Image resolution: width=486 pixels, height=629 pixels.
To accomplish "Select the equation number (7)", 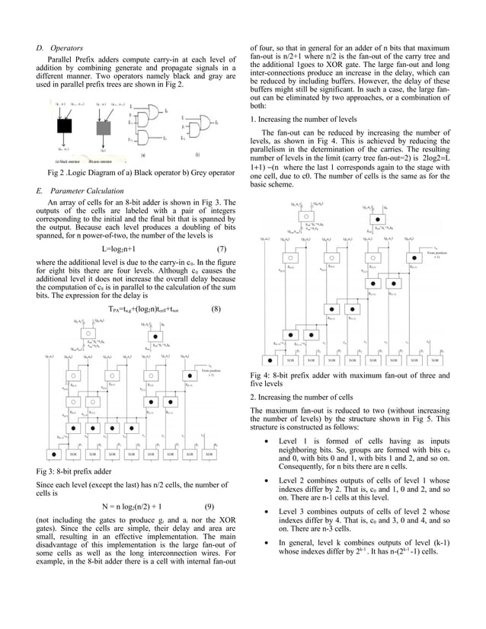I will coord(221,249).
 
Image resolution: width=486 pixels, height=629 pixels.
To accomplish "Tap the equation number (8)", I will coord(216,309).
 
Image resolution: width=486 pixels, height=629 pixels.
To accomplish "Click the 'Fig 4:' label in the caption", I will coord(261,375).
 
